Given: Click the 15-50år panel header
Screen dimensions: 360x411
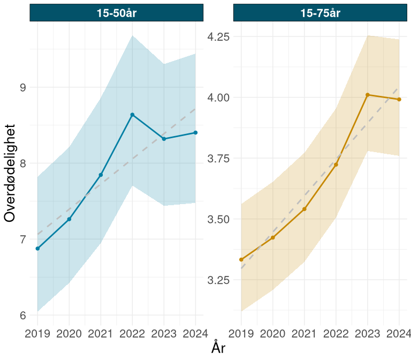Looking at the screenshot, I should tap(117, 13).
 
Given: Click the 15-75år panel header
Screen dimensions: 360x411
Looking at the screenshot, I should tap(320, 13).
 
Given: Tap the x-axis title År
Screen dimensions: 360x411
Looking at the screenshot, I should tap(218, 348).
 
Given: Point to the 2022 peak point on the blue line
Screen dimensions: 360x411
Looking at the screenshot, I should tap(132, 115).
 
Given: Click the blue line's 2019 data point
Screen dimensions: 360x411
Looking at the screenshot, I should tap(37, 249).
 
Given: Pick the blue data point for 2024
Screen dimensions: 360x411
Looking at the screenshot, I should tap(195, 132).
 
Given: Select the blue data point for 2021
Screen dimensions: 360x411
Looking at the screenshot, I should tap(101, 175).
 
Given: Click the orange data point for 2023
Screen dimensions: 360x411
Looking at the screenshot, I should tap(368, 95).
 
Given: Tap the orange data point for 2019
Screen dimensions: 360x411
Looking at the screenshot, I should tap(241, 259).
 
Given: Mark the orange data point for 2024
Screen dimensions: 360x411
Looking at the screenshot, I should tap(399, 99).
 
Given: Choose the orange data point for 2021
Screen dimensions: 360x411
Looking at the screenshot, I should tap(305, 208).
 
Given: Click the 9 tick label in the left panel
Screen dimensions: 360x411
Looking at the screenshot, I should tap(22, 87).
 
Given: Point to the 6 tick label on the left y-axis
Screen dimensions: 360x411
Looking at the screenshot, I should tap(22, 315).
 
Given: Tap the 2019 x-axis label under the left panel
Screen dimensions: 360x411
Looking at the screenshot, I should tap(37, 334).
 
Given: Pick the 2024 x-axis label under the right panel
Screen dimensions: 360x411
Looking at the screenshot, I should tap(398, 334).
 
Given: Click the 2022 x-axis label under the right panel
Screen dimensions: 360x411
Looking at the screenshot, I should tap(336, 334).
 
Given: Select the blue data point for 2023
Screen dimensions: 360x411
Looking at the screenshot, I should tap(164, 139).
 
